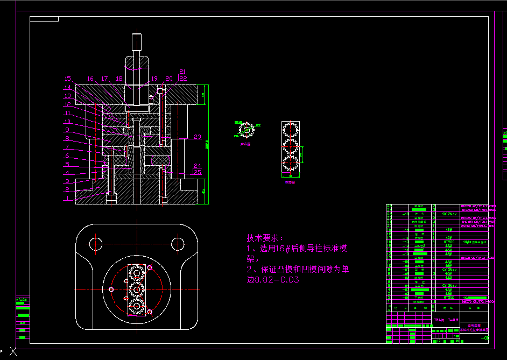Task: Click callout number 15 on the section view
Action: [67, 79]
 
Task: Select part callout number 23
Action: [198, 137]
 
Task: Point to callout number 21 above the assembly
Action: [182, 72]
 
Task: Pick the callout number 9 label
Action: [67, 130]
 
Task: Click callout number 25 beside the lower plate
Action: [198, 172]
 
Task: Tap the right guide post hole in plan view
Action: [178, 244]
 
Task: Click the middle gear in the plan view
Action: [137, 290]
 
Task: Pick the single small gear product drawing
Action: [247, 130]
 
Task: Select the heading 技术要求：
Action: [264, 238]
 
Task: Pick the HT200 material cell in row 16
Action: [448, 242]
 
